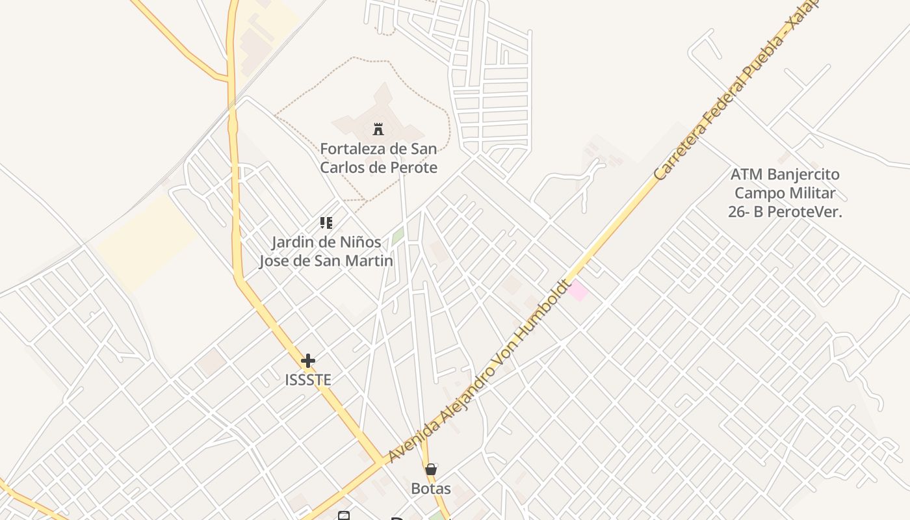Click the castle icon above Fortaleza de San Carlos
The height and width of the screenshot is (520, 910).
click(x=378, y=129)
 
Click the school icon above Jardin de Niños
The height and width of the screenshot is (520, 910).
click(x=326, y=224)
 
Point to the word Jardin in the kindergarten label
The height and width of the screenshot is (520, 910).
click(x=292, y=242)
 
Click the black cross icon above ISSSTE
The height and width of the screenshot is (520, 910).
click(x=308, y=361)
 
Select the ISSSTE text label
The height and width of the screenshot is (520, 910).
click(x=308, y=380)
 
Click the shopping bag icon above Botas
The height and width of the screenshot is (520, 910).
click(x=430, y=469)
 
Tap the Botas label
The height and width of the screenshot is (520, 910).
click(x=430, y=488)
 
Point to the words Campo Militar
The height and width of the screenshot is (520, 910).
click(x=785, y=193)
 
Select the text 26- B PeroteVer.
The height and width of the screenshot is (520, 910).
click(x=785, y=211)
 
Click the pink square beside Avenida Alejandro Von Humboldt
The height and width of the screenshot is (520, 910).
click(x=577, y=291)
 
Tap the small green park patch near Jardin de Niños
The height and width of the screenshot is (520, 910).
click(x=397, y=237)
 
